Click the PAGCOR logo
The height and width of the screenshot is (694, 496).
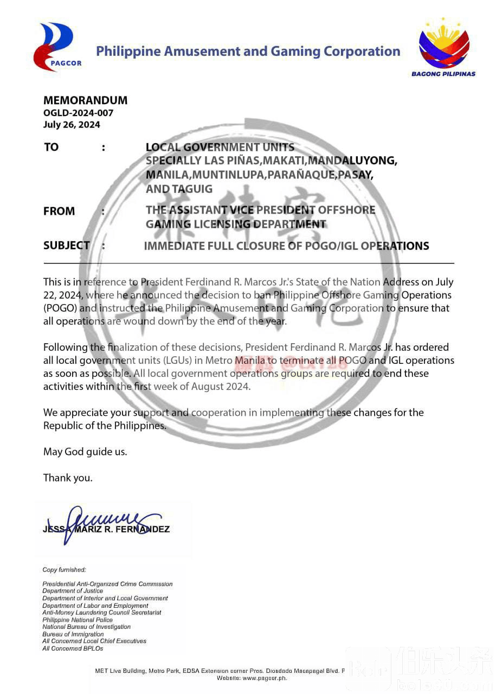(57, 47)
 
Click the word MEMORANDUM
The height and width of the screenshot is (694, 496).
(85, 100)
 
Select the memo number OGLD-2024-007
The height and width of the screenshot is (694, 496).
(78, 113)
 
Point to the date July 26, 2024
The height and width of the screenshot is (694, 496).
(72, 124)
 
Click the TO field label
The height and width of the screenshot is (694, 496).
(51, 147)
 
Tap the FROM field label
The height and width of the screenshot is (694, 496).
(59, 211)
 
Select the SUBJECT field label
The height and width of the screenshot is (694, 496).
(67, 245)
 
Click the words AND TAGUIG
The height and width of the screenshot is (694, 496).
(179, 189)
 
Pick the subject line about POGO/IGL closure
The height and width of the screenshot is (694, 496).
(286, 246)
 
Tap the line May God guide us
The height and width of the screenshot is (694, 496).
(85, 452)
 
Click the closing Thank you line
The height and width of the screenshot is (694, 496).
(68, 478)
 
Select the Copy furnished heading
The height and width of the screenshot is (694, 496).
(64, 570)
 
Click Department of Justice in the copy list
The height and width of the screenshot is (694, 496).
(73, 591)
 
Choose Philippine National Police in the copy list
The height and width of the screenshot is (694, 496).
(78, 620)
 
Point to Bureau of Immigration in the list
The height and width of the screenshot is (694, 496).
(73, 634)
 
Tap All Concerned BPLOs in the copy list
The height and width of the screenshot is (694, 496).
(73, 648)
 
